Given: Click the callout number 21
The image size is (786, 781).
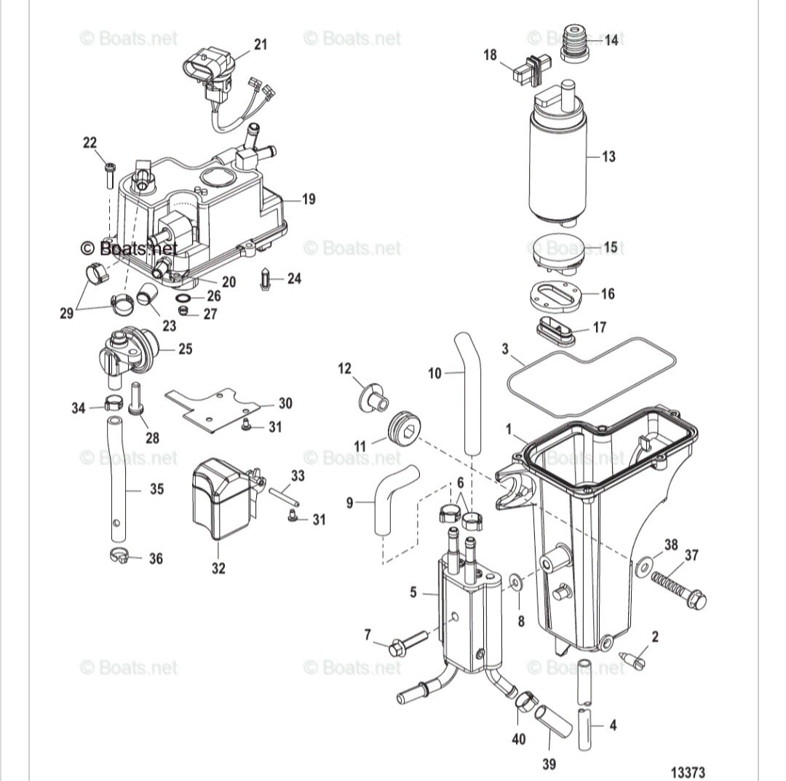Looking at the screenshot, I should [x=260, y=45].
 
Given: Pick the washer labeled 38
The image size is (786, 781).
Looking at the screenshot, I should [x=643, y=565].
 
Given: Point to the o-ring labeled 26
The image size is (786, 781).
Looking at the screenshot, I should [x=184, y=298].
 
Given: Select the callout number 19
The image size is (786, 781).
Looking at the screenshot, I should [x=309, y=199].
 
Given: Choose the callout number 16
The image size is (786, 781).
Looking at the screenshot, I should [x=608, y=293].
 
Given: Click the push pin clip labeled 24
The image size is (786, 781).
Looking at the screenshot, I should [x=266, y=280].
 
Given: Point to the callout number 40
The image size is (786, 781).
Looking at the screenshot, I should [x=518, y=740].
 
